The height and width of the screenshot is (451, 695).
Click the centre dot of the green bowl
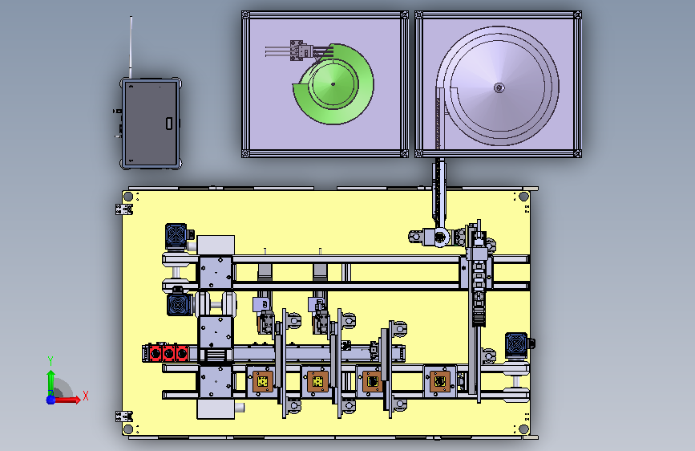pyautogui.click(x=333, y=83)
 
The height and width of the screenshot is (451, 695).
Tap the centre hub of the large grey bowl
pyautogui.click(x=499, y=87)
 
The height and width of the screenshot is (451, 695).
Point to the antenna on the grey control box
pyautogui.click(x=131, y=47)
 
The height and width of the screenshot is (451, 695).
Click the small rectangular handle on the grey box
pyautogui.click(x=169, y=124)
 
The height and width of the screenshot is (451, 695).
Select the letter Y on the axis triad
pyautogui.click(x=51, y=361)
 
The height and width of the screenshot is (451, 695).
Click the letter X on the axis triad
pyautogui.click(x=86, y=396)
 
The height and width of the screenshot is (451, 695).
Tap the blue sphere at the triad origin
pyautogui.click(x=51, y=400)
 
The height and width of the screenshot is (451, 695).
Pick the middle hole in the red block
pyautogui.click(x=168, y=354)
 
